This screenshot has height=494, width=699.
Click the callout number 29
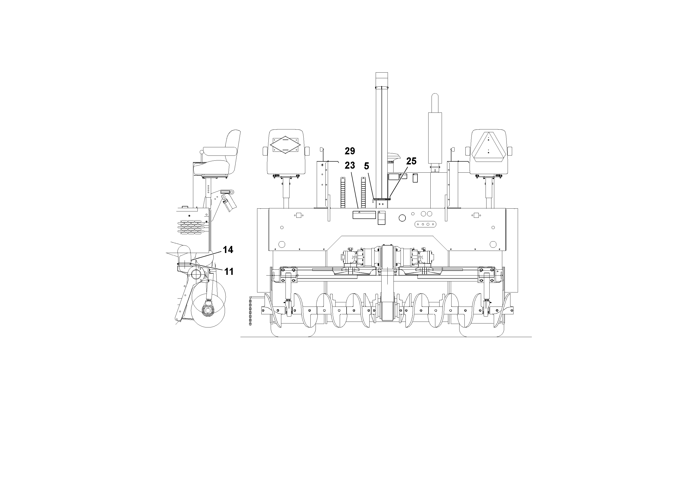350,151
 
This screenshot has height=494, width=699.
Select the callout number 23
350,165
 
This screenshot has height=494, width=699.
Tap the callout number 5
367,166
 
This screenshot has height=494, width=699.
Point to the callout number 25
411,161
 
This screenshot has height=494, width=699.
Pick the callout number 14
228,250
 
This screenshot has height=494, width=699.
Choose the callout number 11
229,271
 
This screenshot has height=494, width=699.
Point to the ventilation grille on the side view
191,227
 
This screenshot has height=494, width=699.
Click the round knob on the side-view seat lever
201,152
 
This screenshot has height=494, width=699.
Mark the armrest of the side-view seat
220,150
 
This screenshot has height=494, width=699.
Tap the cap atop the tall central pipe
382,79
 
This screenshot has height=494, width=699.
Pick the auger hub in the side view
208,310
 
